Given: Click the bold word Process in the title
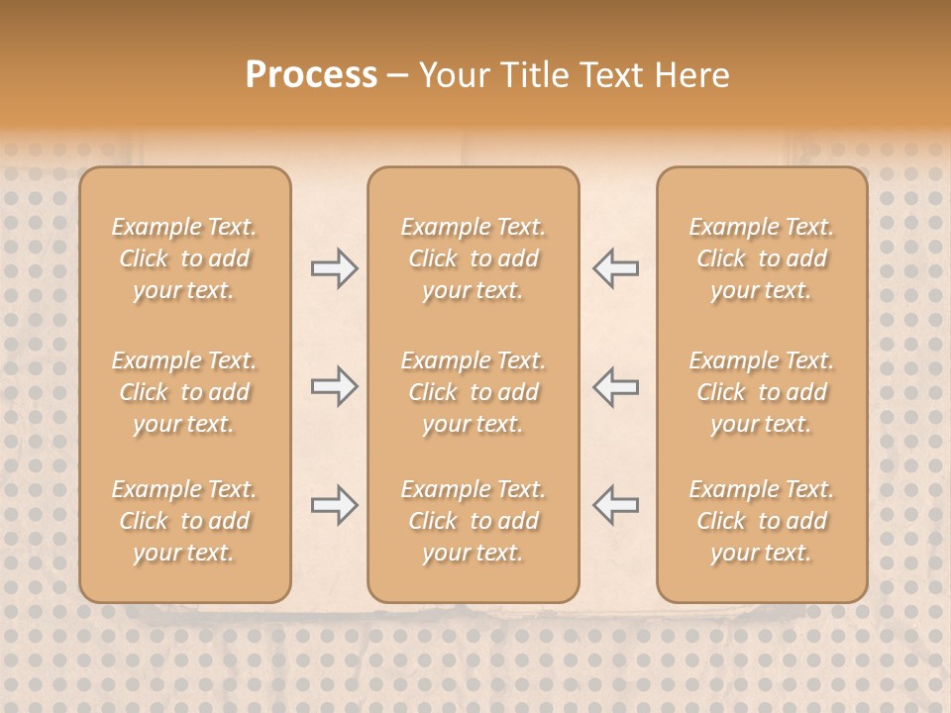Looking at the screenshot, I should pos(311,75).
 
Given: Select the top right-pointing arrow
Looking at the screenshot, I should pos(334,268).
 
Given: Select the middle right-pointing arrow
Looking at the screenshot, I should pos(334,386).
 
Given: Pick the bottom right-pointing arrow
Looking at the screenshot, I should pos(334,505).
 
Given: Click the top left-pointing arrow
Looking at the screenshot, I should pos(615,268).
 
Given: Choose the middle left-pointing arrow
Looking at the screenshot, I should pos(615,386).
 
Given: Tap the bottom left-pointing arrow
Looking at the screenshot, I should pos(615,505).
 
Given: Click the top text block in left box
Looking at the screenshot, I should pos(184,258).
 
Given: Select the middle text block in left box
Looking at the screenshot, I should pos(184,392).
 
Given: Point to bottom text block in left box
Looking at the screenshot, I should pos(184,521).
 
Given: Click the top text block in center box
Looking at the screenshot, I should pos(473,258).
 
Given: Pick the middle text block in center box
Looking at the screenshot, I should pos(473,392).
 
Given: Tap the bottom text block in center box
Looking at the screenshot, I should pos(473,521).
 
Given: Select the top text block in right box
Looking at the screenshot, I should pos(761,258).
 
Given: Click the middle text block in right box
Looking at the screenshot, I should pos(761,392).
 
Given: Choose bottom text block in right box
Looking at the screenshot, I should pos(761,521).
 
